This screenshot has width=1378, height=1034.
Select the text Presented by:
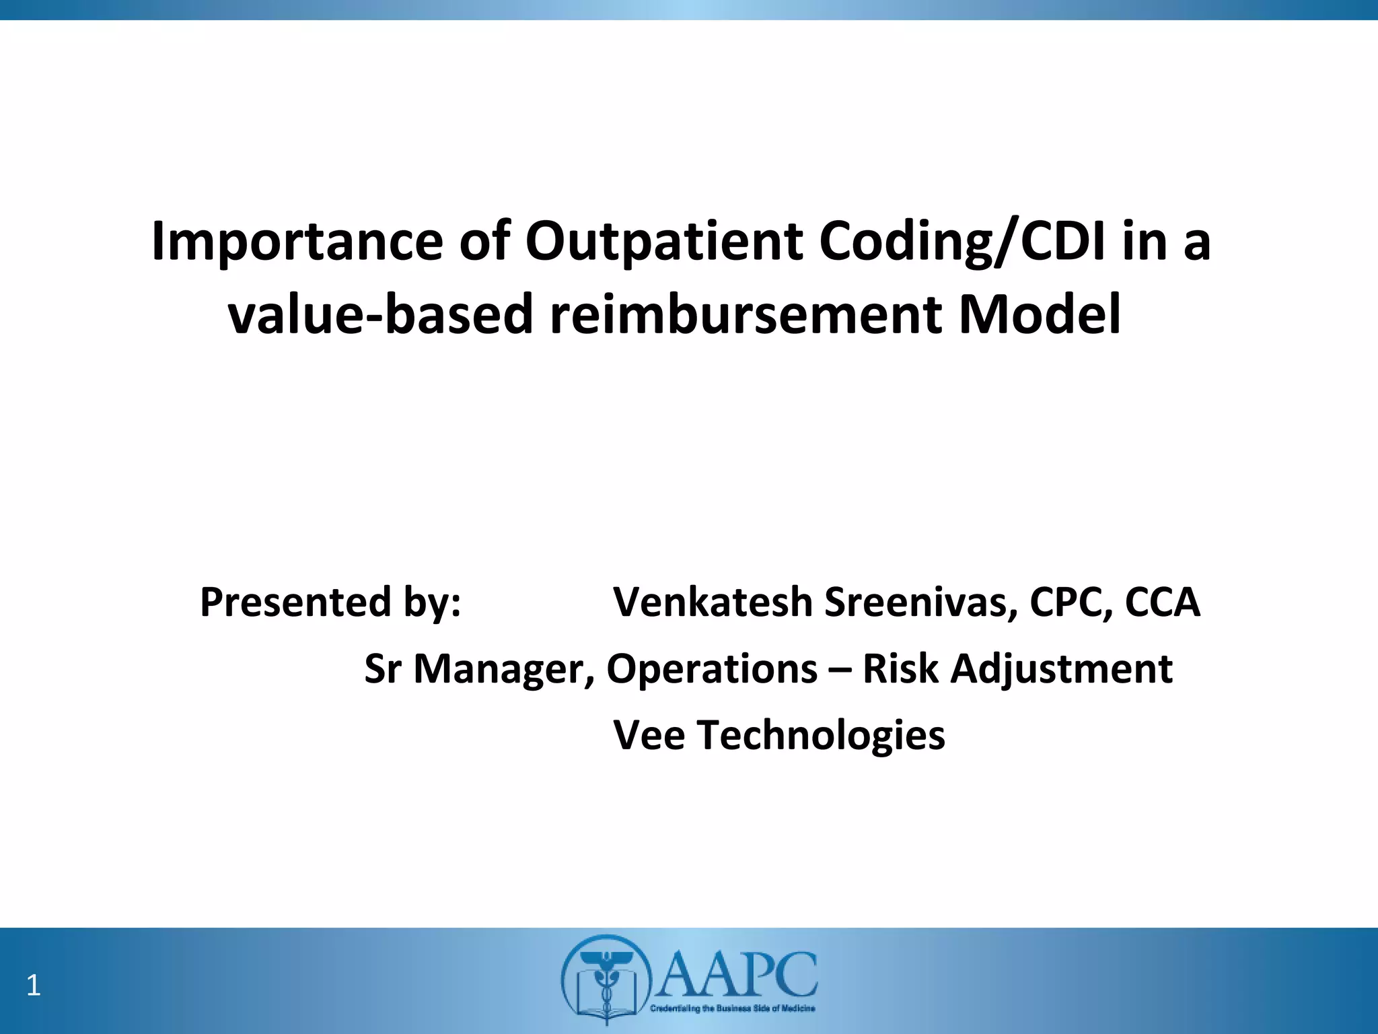pyautogui.click(x=330, y=602)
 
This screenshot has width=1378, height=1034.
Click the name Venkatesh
pyautogui.click(x=713, y=602)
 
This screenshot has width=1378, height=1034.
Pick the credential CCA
pyautogui.click(x=1163, y=602)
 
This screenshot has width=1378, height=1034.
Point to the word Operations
pyautogui.click(x=712, y=669)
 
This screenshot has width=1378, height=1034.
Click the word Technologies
pyautogui.click(x=821, y=735)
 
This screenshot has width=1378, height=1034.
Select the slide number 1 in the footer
pyautogui.click(x=33, y=986)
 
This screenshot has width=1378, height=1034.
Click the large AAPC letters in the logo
pyautogui.click(x=737, y=975)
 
